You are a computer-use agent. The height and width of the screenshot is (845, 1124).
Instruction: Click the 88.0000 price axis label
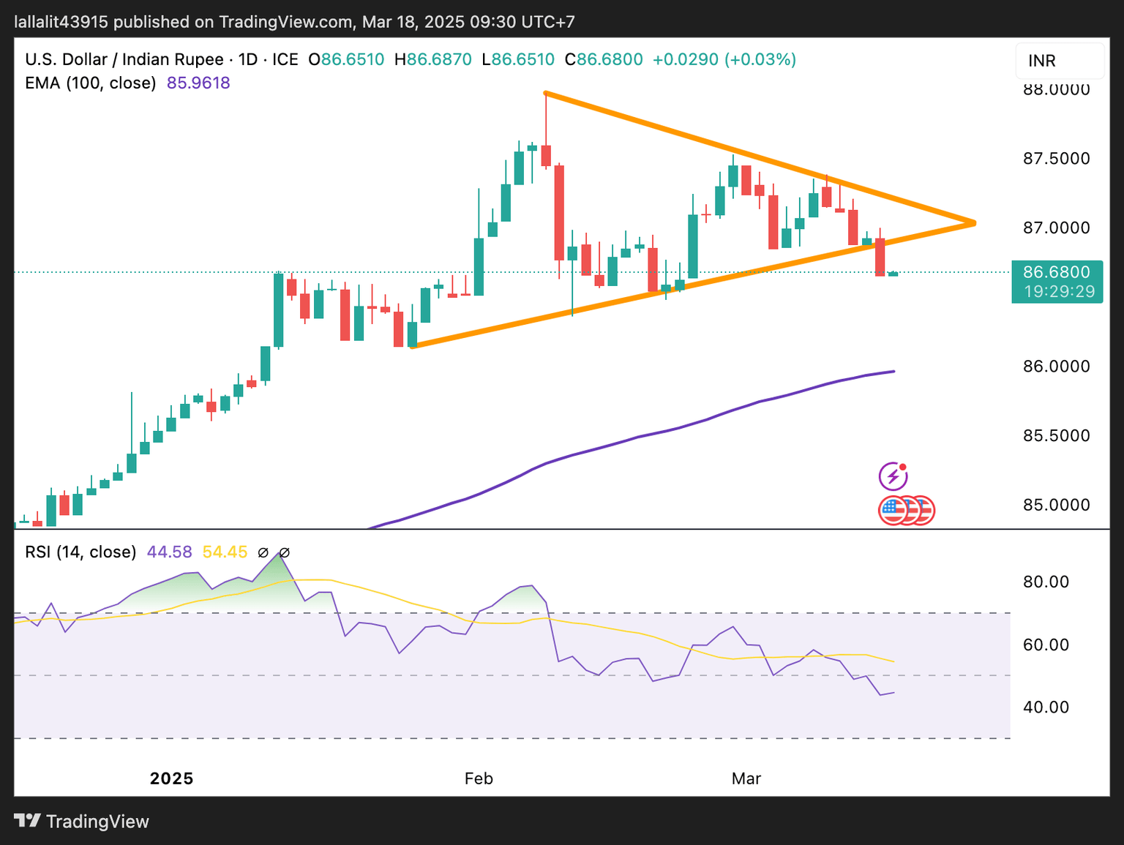coord(1056,90)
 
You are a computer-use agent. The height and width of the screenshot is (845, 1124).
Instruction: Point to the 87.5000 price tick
coord(1056,159)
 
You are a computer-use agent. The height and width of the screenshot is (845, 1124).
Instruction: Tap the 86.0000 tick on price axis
coord(1056,367)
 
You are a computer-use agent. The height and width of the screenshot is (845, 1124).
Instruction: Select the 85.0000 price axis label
coord(1056,505)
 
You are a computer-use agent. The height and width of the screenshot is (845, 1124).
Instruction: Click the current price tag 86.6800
coord(1056,272)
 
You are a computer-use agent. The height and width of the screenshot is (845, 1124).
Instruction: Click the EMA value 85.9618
coord(198,83)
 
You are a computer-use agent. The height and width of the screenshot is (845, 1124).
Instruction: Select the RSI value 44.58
coord(169,552)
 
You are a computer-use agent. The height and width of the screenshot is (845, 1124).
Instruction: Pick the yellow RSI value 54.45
coord(225,552)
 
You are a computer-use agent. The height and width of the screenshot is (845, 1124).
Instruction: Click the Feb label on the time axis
coord(479,778)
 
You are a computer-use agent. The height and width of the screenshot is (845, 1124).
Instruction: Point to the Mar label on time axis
coord(746,778)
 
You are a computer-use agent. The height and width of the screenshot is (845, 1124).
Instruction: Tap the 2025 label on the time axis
coord(171,778)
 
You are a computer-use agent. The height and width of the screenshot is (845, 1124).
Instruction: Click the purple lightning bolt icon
coord(893,477)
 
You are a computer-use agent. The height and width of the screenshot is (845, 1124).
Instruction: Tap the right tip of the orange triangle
coord(974,222)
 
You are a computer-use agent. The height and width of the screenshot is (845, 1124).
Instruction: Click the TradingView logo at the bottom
coord(81,822)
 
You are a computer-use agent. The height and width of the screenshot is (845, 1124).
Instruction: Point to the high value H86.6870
coord(432,59)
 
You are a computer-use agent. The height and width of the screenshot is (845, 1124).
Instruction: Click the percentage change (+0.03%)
coord(760,59)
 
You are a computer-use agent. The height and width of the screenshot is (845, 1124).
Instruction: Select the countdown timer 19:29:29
coord(1059,292)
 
